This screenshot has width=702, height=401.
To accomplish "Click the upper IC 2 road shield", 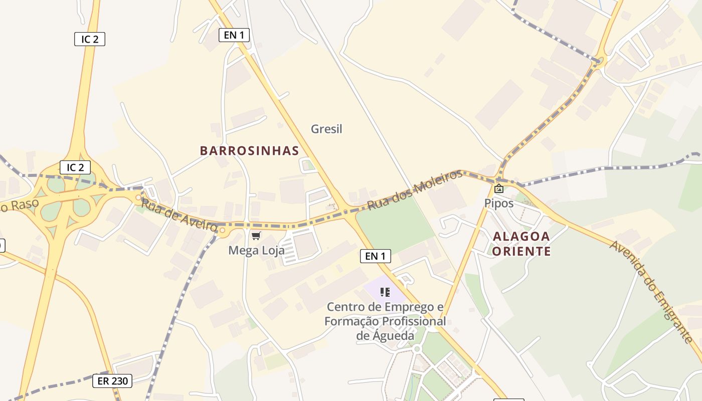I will [x=90, y=39].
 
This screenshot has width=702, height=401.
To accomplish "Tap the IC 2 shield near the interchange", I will [x=75, y=167].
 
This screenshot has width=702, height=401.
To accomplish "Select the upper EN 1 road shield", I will [x=234, y=35].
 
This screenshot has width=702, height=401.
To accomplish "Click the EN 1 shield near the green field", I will [x=375, y=256].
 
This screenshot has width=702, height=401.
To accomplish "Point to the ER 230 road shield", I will [x=113, y=381].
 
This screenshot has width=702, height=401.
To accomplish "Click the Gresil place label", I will [x=326, y=129].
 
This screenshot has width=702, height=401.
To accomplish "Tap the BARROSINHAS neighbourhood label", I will [x=249, y=150].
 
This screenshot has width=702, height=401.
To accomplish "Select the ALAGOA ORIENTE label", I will [x=521, y=244].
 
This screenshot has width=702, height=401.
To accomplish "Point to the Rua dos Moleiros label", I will [x=415, y=189].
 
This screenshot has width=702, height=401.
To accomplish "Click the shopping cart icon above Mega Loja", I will [x=256, y=236].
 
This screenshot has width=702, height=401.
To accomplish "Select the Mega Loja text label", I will [x=256, y=250].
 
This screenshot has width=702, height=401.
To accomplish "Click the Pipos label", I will [x=498, y=203].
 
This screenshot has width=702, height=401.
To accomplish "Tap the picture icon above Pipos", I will [x=498, y=188].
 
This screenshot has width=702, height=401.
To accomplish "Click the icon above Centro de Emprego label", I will [x=385, y=292].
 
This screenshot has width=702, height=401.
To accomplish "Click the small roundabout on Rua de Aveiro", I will [x=222, y=231].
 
